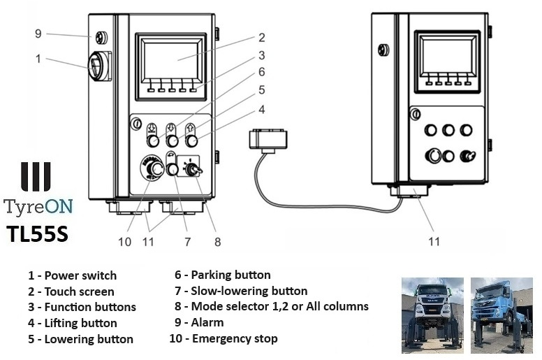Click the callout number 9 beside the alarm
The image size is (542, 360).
click(x=39, y=33)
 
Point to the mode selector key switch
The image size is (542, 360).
click(x=191, y=168)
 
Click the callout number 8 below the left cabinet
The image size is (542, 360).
click(x=218, y=242)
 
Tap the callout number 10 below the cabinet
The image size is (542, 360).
click(x=124, y=242)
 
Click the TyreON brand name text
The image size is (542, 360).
click(x=38, y=207)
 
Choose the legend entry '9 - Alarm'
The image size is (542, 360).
click(x=198, y=323)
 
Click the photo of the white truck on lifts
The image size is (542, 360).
click(x=432, y=315)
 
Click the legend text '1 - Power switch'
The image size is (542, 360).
click(x=72, y=275)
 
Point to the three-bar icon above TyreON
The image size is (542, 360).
click(x=36, y=177)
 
